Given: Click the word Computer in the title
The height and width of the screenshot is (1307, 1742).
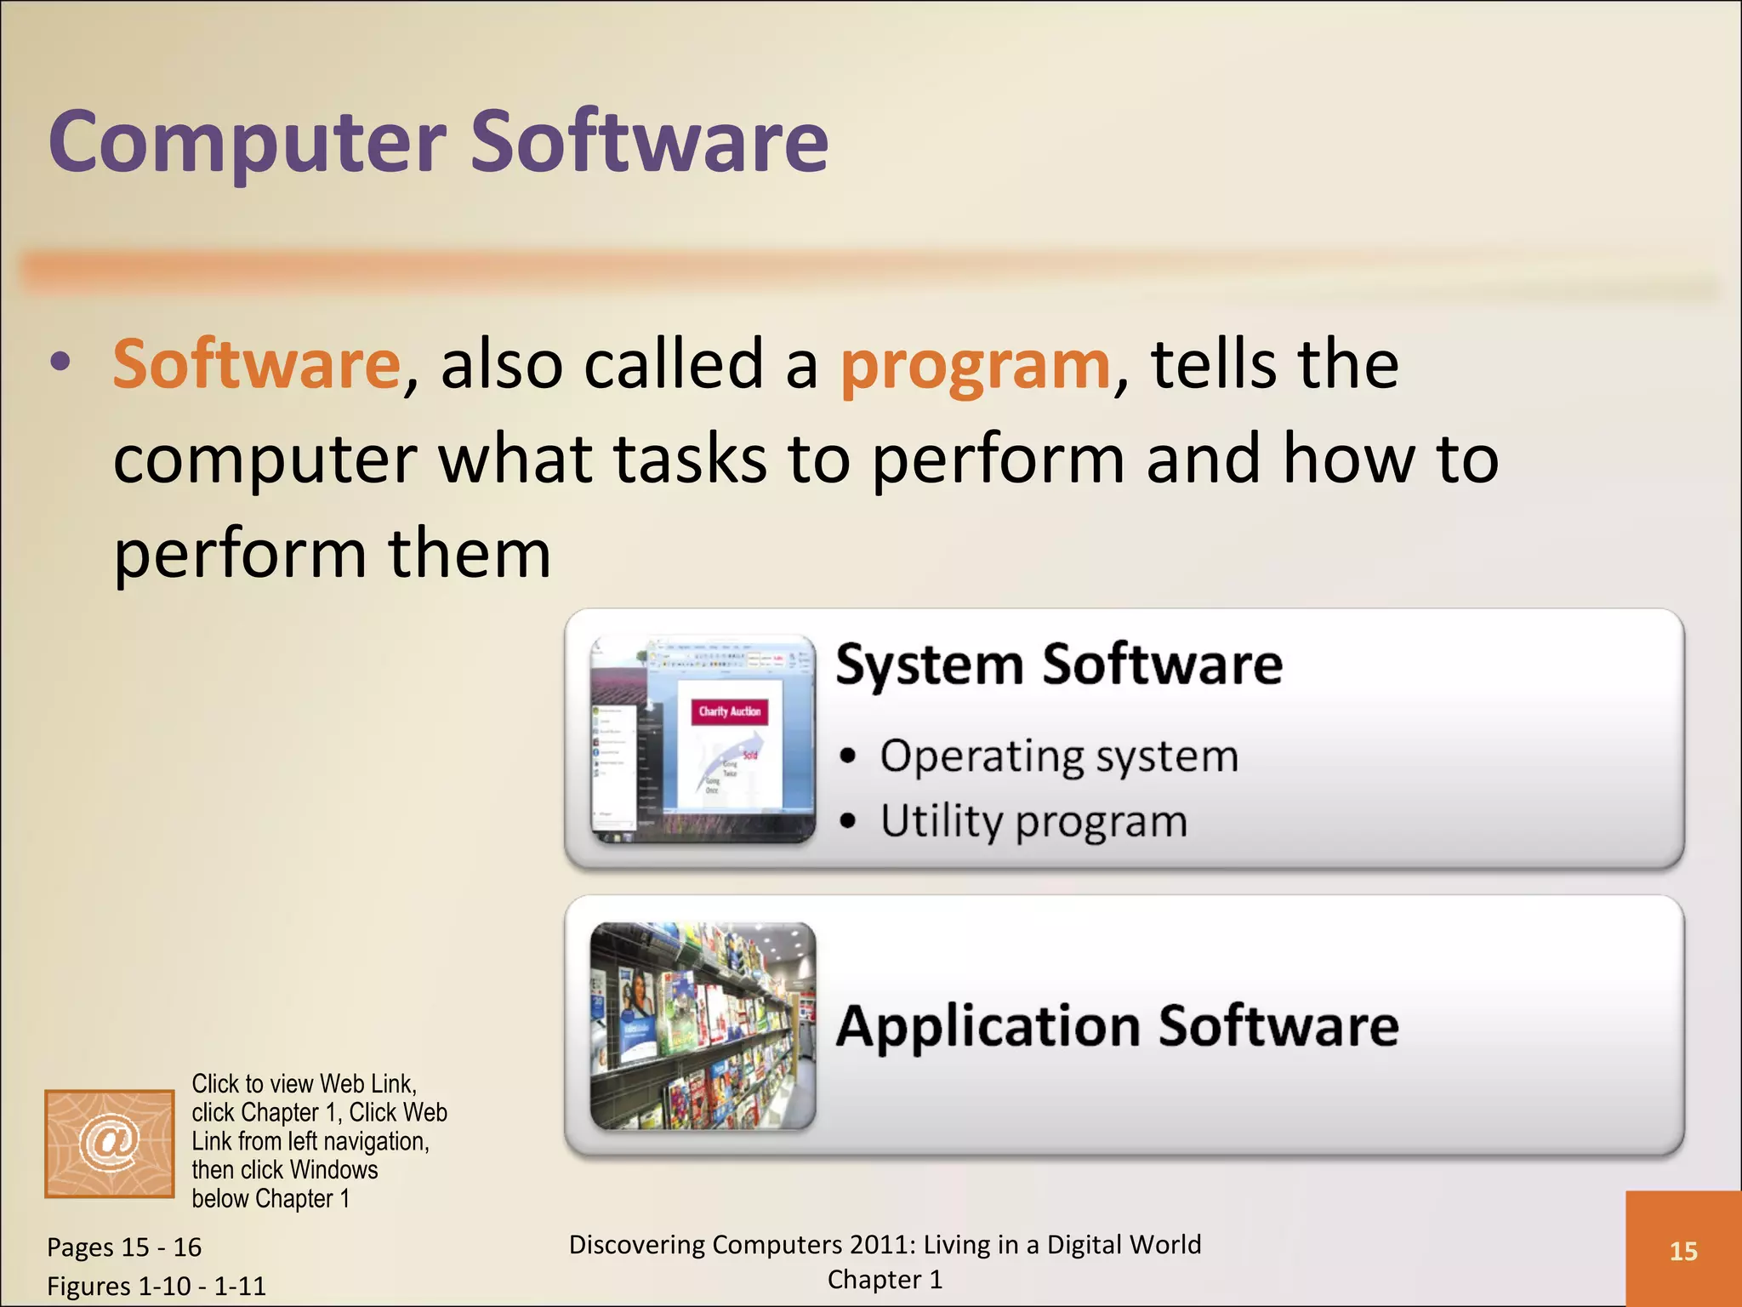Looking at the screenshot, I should [x=247, y=142].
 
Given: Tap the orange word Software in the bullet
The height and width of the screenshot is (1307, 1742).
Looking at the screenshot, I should [x=256, y=364].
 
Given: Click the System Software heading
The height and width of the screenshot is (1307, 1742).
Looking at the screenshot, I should [x=1058, y=665].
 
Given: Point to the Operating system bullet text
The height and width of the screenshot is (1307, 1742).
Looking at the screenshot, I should [x=1059, y=756].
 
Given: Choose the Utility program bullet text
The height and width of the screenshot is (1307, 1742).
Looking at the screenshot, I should [x=1033, y=822].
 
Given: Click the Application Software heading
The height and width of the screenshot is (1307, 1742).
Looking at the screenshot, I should [x=1117, y=1026].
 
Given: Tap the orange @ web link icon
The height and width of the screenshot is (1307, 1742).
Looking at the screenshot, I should [x=110, y=1144].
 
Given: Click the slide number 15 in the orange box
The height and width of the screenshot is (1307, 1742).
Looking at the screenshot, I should [x=1682, y=1252].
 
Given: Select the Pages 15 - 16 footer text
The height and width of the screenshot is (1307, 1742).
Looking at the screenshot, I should [x=124, y=1247].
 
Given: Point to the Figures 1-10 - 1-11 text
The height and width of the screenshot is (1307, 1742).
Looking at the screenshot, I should [x=157, y=1286].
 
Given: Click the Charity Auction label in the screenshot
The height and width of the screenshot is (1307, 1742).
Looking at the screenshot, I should [x=730, y=711].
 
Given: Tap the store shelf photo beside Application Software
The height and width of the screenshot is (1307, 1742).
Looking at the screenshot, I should [x=703, y=1026].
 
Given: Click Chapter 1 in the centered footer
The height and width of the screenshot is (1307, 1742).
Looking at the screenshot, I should [x=885, y=1280].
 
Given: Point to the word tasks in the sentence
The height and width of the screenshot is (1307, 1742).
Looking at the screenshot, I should [x=690, y=459].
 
